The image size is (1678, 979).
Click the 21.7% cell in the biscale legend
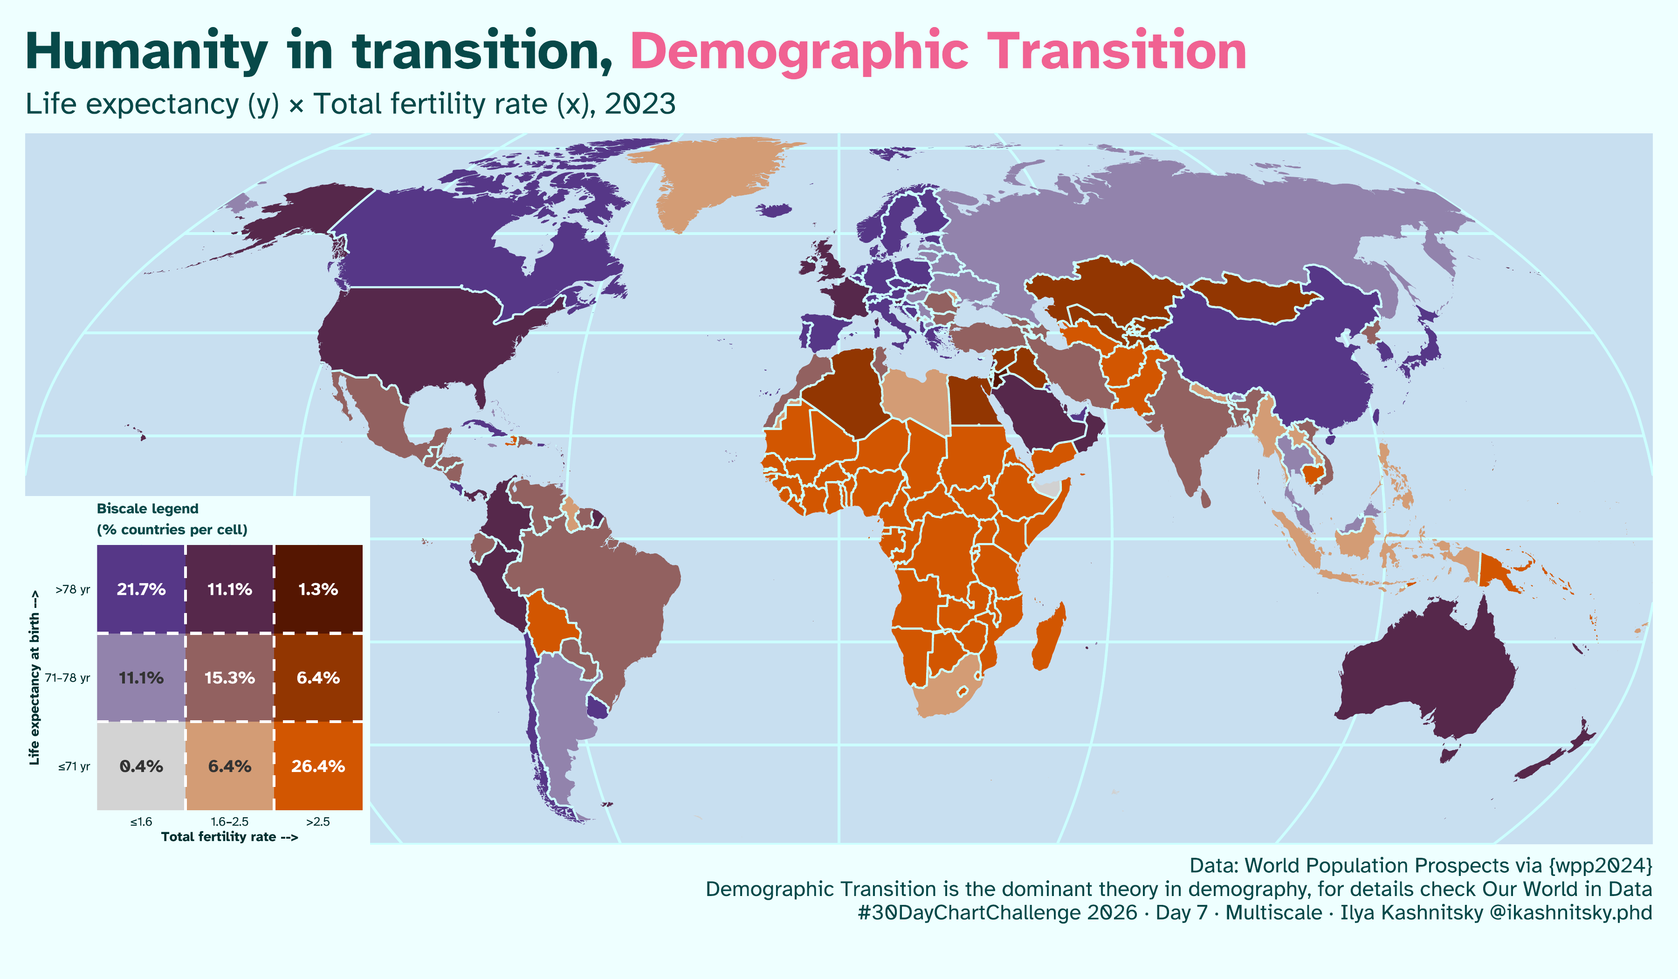coord(140,589)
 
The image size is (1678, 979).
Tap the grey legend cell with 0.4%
coord(140,766)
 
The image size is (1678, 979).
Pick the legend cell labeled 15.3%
coord(229,677)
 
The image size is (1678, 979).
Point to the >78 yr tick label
coord(73,589)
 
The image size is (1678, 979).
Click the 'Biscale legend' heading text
coord(147,509)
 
